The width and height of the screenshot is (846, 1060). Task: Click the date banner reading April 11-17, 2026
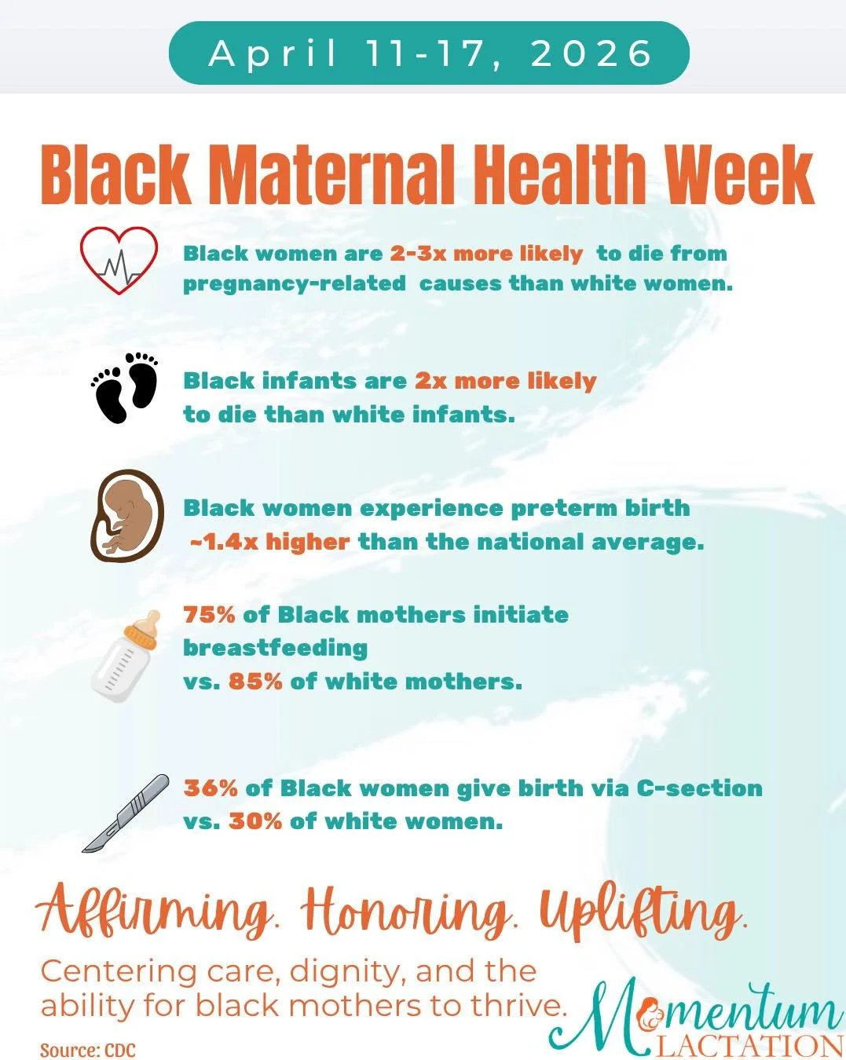pyautogui.click(x=429, y=53)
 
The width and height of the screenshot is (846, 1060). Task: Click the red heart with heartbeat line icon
pyautogui.click(x=119, y=260)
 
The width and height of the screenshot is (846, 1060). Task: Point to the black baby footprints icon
pyautogui.click(x=126, y=387)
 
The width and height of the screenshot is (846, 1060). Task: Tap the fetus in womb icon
pyautogui.click(x=127, y=516)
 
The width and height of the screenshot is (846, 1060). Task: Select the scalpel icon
pyautogui.click(x=126, y=813)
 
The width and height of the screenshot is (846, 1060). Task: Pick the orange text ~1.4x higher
pyautogui.click(x=269, y=542)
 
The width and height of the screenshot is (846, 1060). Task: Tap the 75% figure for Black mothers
pyautogui.click(x=209, y=614)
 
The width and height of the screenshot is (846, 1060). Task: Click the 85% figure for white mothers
pyautogui.click(x=255, y=681)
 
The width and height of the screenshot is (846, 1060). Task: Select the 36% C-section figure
pyautogui.click(x=211, y=788)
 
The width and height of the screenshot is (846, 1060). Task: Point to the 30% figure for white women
pyautogui.click(x=255, y=821)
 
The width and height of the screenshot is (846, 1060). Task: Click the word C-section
pyautogui.click(x=699, y=788)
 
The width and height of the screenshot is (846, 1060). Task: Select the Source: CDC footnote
pyautogui.click(x=88, y=1050)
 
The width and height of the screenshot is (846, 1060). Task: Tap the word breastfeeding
pyautogui.click(x=275, y=648)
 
